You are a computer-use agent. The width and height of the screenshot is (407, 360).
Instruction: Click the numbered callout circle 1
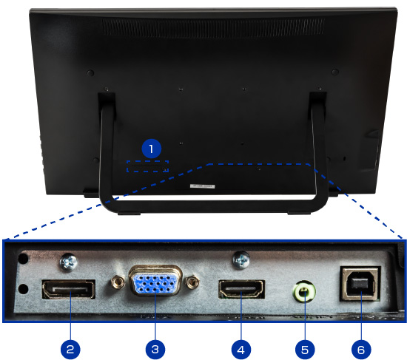tap(151, 149)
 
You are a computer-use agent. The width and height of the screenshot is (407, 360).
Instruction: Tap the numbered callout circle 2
tap(70, 350)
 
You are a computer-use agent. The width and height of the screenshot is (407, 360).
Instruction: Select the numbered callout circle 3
tap(155, 350)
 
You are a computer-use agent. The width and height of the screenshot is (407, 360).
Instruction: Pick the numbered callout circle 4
tap(241, 350)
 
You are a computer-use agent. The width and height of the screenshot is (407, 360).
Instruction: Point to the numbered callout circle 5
tap(305, 350)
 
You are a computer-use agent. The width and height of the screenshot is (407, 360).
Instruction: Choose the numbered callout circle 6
tap(361, 350)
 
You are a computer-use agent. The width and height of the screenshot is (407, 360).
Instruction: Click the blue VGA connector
tap(155, 280)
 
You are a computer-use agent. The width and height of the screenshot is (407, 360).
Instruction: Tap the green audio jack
tap(304, 291)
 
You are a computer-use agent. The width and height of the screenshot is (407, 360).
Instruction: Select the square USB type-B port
tap(360, 283)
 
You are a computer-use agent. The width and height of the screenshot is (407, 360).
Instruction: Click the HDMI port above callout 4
tap(242, 289)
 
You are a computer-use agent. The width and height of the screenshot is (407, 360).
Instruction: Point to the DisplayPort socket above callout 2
tap(69, 289)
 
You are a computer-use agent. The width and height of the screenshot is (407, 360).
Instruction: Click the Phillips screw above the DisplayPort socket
tap(69, 262)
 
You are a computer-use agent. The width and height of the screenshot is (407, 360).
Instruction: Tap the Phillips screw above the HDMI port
tap(241, 260)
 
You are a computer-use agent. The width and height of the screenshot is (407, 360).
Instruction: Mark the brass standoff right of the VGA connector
tap(192, 282)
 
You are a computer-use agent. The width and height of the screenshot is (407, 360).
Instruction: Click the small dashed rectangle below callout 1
tap(148, 166)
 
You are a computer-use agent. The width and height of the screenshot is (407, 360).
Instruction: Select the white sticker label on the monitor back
tap(203, 186)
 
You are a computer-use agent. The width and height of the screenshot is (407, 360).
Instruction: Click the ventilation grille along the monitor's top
tap(213, 28)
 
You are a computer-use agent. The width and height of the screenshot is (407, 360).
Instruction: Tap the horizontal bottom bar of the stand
tap(214, 206)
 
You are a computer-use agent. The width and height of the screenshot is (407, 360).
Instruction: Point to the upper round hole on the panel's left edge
tap(24, 258)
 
